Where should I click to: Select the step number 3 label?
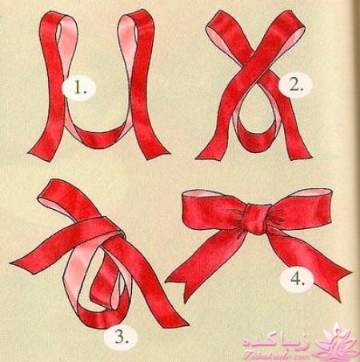click(122, 337)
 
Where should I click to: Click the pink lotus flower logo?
click(338, 343)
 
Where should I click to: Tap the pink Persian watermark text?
click(276, 343)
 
